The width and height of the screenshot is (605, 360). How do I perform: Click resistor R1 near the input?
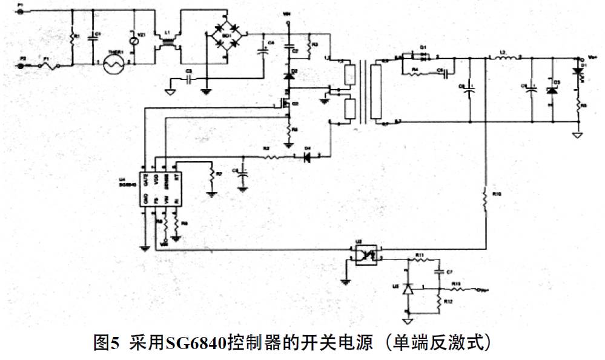(72, 38)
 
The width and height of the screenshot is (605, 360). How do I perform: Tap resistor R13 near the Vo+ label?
(456, 288)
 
